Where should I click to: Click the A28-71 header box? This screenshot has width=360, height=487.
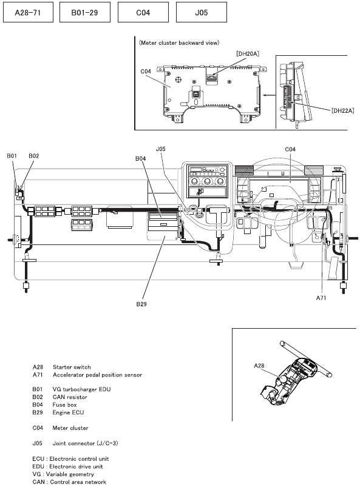(28, 12)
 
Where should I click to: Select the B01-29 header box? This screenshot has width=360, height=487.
(84, 12)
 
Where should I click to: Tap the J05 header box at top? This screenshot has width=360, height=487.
(201, 12)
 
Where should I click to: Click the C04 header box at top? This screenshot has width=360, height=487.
(143, 12)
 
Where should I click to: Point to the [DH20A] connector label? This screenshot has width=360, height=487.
(248, 54)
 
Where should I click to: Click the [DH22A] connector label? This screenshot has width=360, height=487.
(342, 110)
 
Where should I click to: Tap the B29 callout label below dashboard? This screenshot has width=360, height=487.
(141, 304)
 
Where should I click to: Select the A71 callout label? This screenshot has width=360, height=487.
(321, 298)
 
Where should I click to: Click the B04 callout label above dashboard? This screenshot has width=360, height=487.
(140, 158)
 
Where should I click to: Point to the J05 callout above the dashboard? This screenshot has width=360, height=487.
(160, 149)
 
